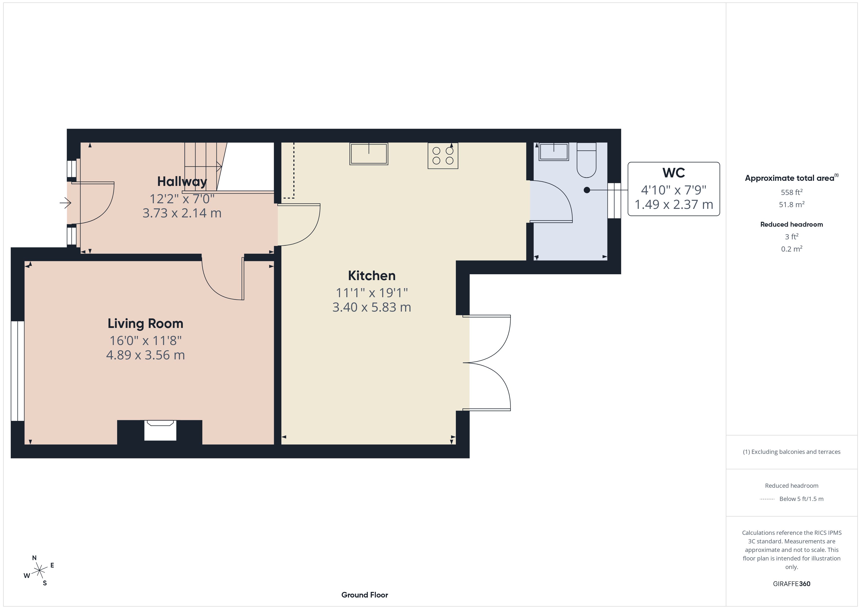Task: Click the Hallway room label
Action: [x=182, y=182]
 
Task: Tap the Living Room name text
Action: [x=145, y=323]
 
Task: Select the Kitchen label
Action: [x=372, y=276]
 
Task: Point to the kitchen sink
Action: [x=369, y=154]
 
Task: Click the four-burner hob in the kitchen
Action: [x=443, y=156]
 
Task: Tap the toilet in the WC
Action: [x=586, y=160]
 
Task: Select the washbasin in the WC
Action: [x=553, y=152]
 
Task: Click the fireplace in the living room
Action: [x=161, y=430]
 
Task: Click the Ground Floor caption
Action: [x=365, y=595]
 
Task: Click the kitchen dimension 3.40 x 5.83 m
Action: [x=372, y=307]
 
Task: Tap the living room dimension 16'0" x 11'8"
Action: [x=145, y=341]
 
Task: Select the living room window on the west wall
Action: [x=18, y=371]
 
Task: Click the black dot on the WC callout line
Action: [x=587, y=190]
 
